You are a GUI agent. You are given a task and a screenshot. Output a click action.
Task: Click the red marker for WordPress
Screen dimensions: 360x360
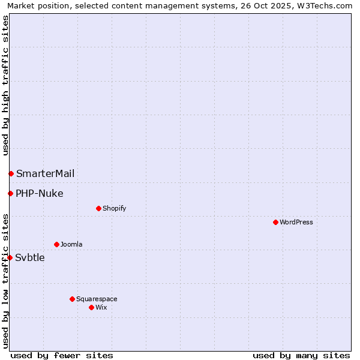coord(275,222)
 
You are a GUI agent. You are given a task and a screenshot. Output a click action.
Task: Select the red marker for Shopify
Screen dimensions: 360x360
coord(98,208)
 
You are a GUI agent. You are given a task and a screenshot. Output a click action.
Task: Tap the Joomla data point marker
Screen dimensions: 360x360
coord(56,244)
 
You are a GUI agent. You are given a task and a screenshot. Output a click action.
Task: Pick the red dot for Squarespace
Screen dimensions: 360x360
coord(72,299)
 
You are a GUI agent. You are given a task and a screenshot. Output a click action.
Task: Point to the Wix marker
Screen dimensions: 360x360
coord(91,307)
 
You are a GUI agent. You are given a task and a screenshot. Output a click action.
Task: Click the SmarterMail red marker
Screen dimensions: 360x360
coord(11,173)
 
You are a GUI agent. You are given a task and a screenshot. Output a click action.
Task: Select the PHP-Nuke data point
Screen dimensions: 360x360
coord(10,193)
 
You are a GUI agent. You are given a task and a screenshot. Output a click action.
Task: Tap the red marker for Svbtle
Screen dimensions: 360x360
coord(10,257)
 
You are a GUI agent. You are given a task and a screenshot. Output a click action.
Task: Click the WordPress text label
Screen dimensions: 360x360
coord(296,222)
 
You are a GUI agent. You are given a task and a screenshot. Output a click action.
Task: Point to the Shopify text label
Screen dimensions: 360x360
coord(114,208)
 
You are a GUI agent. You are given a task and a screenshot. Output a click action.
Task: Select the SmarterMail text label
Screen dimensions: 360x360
coord(46,173)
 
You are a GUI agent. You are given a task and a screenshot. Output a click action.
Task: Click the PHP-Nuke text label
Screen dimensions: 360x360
coord(40,193)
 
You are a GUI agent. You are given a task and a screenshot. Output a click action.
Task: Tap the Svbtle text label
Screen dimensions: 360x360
coord(30,258)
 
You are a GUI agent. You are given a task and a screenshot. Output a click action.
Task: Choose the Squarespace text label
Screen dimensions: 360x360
coord(97,299)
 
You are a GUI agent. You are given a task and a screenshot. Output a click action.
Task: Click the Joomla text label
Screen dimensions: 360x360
coord(71,244)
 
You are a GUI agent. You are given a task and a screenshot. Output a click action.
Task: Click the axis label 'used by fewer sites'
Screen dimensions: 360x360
coord(62,355)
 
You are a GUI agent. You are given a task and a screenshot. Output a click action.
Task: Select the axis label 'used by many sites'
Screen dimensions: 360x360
coord(301,355)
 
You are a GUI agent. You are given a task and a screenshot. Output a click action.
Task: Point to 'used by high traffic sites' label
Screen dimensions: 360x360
coord(5,85)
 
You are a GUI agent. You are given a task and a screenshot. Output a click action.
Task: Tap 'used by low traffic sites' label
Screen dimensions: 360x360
coord(5,281)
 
